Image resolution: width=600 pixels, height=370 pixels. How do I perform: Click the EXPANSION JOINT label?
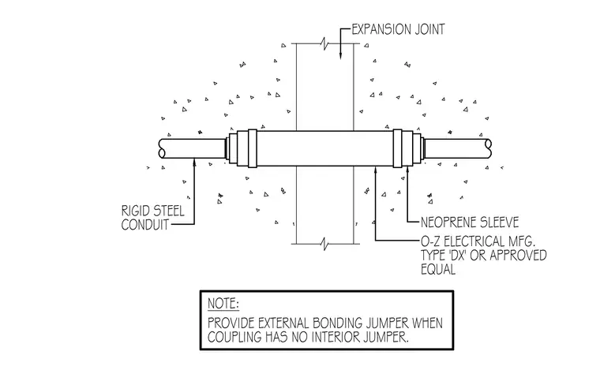[x=398, y=29]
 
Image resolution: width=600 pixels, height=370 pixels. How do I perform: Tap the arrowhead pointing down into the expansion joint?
[x=340, y=56]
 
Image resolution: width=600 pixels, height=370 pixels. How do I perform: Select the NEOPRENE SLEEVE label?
[x=470, y=222]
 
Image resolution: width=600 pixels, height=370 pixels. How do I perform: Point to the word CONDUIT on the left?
[x=145, y=225]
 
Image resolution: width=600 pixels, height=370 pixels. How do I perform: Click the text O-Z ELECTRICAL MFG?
[x=478, y=241]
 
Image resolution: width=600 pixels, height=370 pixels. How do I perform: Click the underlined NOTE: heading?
[x=223, y=304]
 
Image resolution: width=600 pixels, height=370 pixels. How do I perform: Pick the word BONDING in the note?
[x=336, y=323]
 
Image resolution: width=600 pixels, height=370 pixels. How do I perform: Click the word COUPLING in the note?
[x=234, y=337]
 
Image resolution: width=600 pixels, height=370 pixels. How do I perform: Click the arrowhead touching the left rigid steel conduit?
[x=194, y=162]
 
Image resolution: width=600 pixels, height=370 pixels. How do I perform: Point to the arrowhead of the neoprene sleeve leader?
[x=407, y=170]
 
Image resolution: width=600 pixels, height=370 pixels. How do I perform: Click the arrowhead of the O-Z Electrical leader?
[x=375, y=170]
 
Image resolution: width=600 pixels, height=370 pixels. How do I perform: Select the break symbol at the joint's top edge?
[x=325, y=43]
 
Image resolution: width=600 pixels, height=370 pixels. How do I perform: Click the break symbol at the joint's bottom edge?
[x=325, y=244]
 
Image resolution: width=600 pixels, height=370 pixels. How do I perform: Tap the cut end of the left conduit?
[x=162, y=148]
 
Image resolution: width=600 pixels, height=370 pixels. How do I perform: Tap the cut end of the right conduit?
[x=488, y=148]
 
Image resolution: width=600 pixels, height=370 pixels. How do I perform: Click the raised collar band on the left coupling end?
[x=252, y=148]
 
